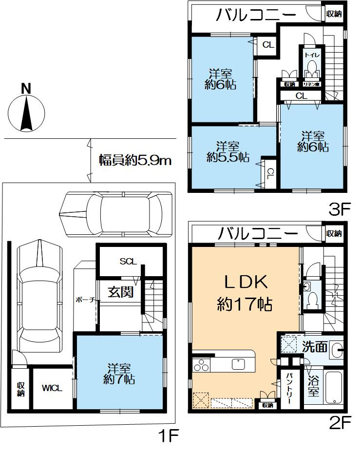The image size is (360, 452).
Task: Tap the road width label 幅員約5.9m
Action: [x=135, y=160]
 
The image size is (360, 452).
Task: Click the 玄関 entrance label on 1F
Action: [x=121, y=292]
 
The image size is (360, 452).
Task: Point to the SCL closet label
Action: [x=128, y=261]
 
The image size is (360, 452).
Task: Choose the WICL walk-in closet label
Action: [x=52, y=388]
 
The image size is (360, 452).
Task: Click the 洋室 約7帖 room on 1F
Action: [x=119, y=374]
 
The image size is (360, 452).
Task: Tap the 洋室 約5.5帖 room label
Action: [x=227, y=152]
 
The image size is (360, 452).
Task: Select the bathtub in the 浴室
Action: [x=334, y=387]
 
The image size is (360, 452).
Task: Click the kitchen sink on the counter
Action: [x=238, y=364]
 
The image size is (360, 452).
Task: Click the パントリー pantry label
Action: [x=289, y=388]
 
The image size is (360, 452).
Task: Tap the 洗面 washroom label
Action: [x=315, y=347]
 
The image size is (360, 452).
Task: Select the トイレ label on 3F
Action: [x=312, y=55]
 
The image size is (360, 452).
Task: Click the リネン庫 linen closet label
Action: [x=312, y=84]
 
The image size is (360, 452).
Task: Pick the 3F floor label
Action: [x=339, y=209]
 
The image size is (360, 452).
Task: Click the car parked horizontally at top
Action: [x=116, y=214]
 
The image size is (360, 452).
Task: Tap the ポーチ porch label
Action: [x=85, y=300]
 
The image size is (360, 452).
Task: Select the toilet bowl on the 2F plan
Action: [x=312, y=300]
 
